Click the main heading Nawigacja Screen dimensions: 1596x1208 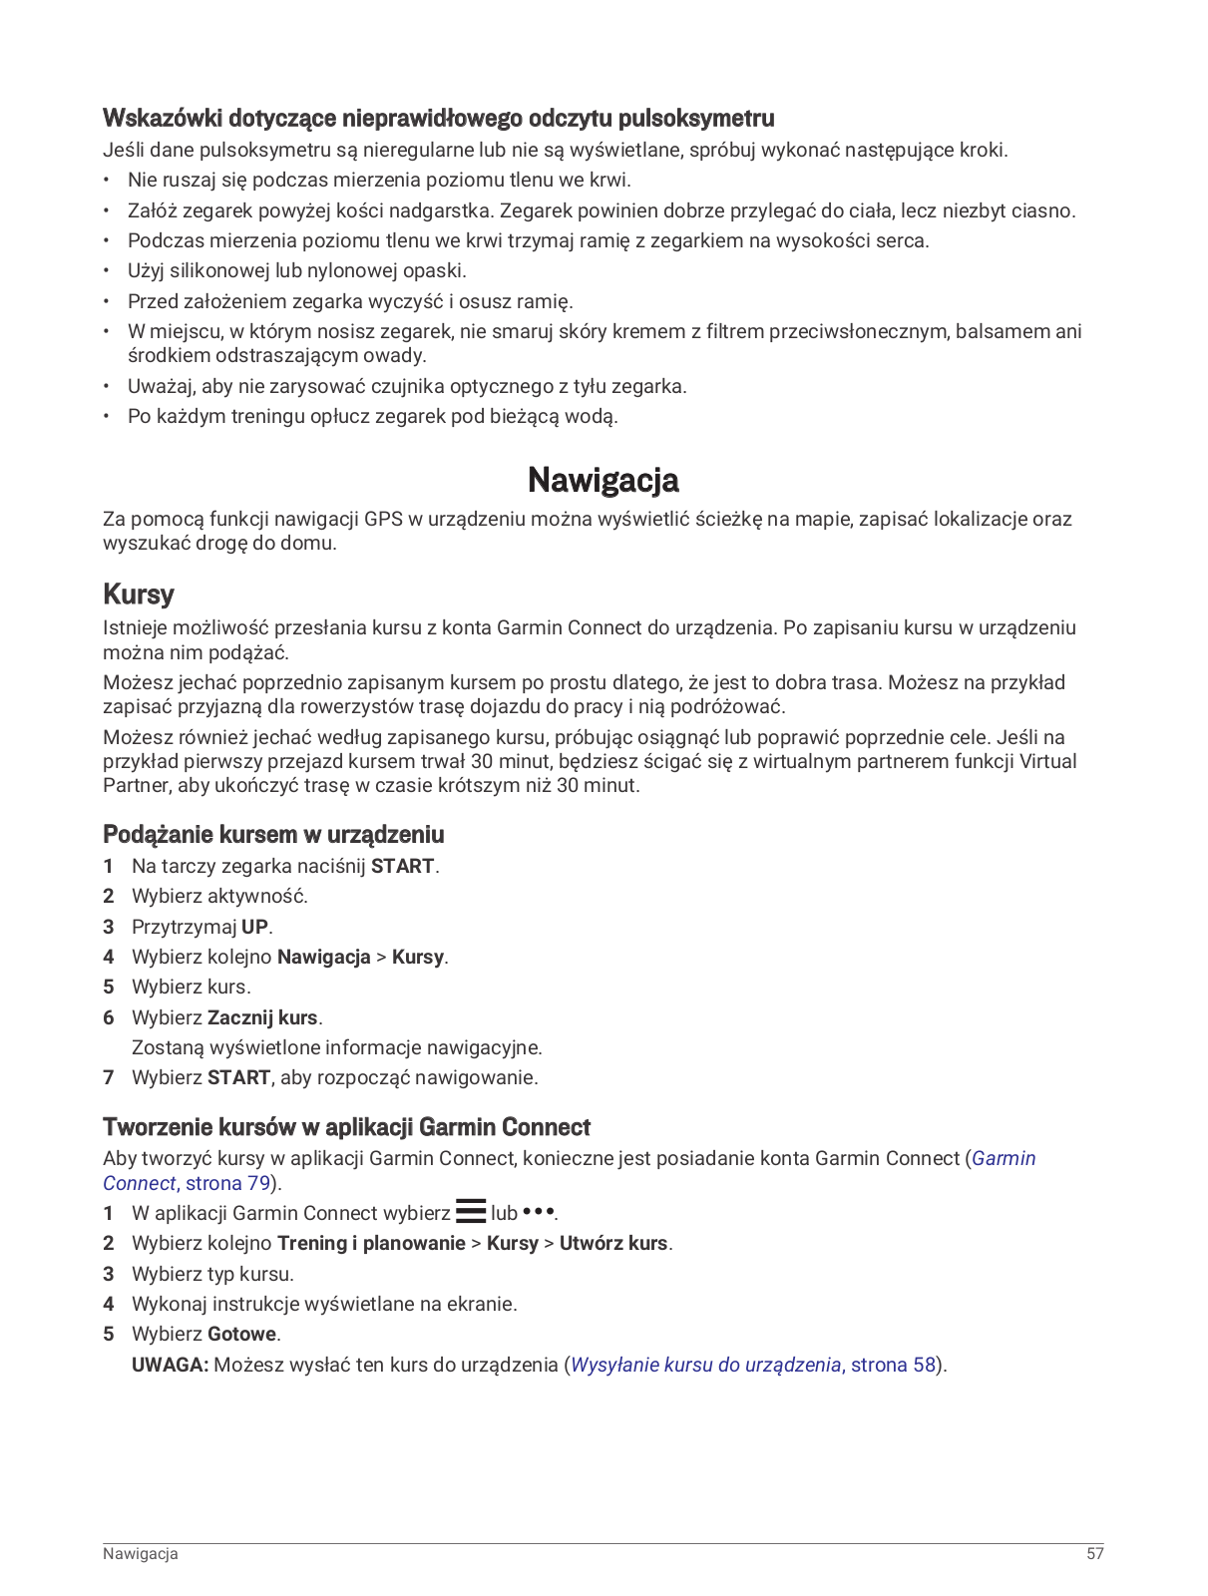point(603,480)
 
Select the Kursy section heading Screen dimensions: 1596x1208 point(139,595)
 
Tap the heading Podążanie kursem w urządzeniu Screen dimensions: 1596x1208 point(273,835)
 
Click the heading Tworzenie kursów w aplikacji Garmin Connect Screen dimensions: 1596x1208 point(346,1127)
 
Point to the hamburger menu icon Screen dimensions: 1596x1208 point(471,1212)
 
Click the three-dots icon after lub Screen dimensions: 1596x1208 point(539,1212)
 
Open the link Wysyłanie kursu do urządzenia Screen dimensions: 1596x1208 point(705,1365)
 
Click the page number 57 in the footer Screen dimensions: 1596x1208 point(1095,1553)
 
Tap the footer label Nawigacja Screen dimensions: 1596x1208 point(141,1553)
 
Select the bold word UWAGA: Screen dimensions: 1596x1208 point(170,1365)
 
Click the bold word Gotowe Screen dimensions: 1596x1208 point(242,1334)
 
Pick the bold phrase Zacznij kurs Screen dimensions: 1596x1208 point(262,1017)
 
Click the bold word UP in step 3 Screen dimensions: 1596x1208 point(254,927)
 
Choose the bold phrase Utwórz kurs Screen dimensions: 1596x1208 point(613,1243)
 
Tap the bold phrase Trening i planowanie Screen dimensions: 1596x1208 point(371,1243)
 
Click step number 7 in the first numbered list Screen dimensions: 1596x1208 point(109,1077)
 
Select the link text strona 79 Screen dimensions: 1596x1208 point(228,1183)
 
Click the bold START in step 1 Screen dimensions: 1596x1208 point(402,866)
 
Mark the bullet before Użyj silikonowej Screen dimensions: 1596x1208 point(107,271)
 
